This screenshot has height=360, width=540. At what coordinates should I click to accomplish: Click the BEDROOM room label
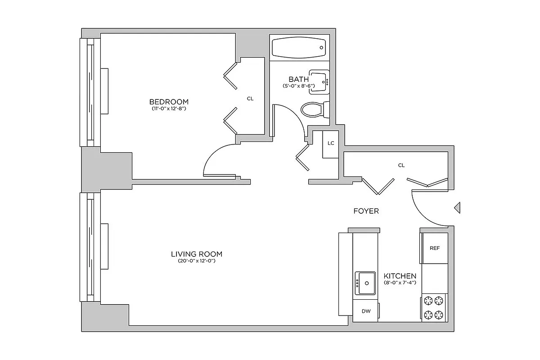(169, 101)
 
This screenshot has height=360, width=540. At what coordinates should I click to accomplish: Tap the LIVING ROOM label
(197, 254)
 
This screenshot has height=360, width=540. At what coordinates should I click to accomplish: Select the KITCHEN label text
(400, 276)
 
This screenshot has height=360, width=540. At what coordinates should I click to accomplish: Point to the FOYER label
(366, 211)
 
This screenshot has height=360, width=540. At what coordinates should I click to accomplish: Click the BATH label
(298, 79)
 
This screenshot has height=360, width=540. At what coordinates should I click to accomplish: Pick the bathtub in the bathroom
(298, 47)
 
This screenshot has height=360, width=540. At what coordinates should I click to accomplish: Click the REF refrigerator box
(434, 248)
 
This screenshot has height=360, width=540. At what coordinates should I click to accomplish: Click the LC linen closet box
(331, 144)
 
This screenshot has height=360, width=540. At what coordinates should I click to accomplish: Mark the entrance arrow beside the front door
(456, 207)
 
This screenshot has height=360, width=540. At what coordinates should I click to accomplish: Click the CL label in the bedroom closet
(250, 98)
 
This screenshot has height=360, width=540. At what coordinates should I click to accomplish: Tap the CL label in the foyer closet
(401, 165)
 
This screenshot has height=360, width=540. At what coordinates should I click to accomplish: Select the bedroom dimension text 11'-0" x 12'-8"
(169, 108)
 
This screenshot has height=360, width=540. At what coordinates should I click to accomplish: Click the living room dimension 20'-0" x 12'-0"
(197, 261)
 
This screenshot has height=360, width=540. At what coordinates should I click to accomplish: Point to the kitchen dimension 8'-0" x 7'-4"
(400, 283)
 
